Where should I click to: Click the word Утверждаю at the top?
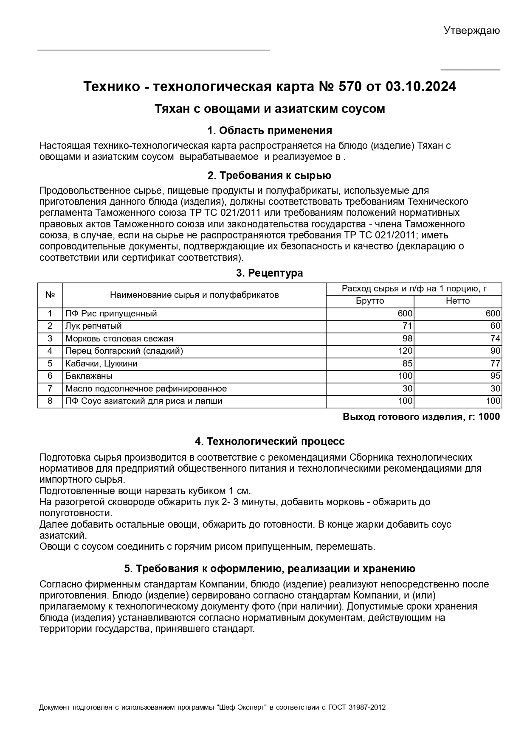[471, 31]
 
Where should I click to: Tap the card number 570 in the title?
[350, 87]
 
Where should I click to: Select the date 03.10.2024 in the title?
[421, 87]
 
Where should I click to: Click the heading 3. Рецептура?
[269, 273]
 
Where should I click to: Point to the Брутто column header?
[369, 301]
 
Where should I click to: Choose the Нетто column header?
[458, 301]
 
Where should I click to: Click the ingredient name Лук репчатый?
[93, 326]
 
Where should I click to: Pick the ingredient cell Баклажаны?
[89, 376]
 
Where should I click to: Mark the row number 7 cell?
[50, 389]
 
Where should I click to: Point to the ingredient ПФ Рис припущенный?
[111, 314]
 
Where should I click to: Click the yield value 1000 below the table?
[489, 417]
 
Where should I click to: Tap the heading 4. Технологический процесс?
[269, 442]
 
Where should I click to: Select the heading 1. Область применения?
[269, 130]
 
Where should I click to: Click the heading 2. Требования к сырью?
[269, 176]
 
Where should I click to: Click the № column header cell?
[50, 295]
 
